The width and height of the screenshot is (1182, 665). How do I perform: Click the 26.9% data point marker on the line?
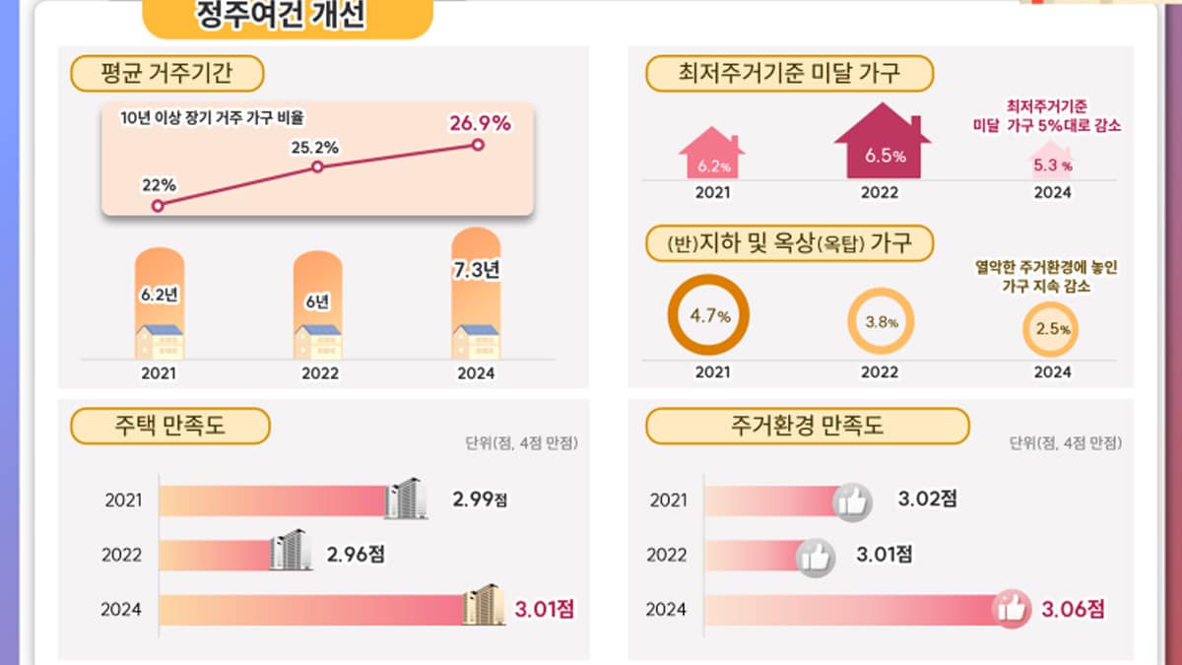pyautogui.click(x=478, y=145)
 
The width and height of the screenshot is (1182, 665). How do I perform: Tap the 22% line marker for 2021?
pyautogui.click(x=158, y=205)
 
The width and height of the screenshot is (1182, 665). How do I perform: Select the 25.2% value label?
pyautogui.click(x=315, y=148)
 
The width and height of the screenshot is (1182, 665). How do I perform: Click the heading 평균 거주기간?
pyautogui.click(x=167, y=73)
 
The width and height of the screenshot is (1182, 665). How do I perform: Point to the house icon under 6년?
pyautogui.click(x=318, y=341)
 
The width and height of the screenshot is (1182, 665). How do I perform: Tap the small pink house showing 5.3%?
pyautogui.click(x=1051, y=161)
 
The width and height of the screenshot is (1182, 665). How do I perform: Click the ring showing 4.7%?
pyautogui.click(x=708, y=316)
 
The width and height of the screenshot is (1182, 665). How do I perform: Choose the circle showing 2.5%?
pyautogui.click(x=1051, y=329)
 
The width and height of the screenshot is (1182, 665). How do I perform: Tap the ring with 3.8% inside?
pyautogui.click(x=881, y=321)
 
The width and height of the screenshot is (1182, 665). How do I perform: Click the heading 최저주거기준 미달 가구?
pyautogui.click(x=788, y=73)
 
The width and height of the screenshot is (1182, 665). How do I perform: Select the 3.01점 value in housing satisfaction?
pyautogui.click(x=544, y=609)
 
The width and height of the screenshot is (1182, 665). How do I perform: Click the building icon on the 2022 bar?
pyautogui.click(x=290, y=551)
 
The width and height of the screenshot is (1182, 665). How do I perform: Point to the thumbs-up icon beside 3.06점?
pyautogui.click(x=1012, y=609)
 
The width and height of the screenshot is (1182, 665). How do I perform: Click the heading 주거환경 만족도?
pyautogui.click(x=807, y=427)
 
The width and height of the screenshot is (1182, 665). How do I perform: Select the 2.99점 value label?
pyautogui.click(x=480, y=499)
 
